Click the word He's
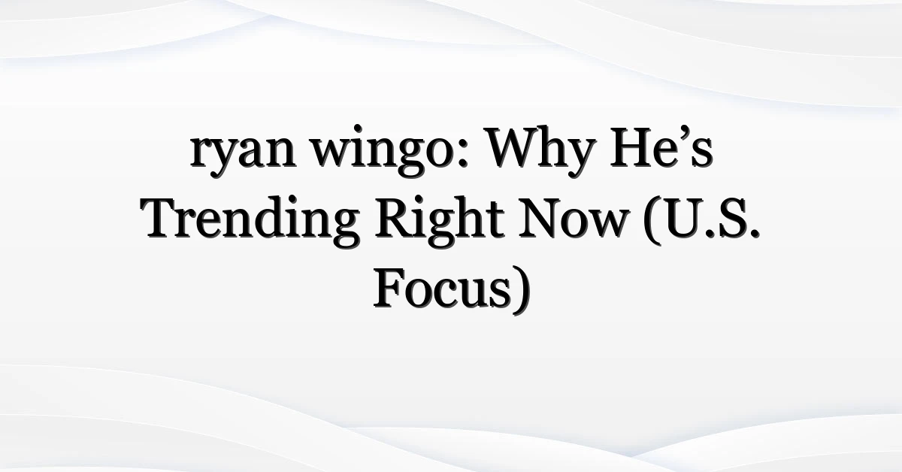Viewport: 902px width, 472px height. [x=661, y=148]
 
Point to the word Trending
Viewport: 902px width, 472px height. [x=250, y=222]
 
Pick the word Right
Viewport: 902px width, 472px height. [x=440, y=222]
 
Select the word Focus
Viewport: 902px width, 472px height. [x=442, y=289]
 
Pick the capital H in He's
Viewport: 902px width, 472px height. [x=631, y=148]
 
